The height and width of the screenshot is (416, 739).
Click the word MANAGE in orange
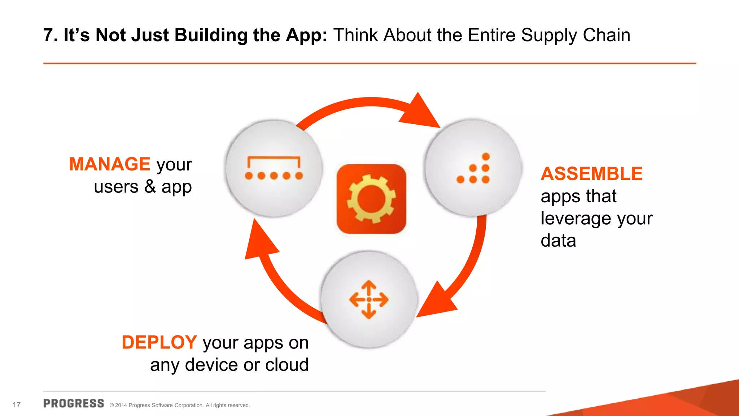point(110,164)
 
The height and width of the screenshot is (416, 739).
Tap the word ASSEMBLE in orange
point(591,174)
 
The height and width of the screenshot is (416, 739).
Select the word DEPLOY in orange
point(159,342)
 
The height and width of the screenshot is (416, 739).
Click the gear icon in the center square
point(371,199)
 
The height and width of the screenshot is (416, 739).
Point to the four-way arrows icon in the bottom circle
point(369,300)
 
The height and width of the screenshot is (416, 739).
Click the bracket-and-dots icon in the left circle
point(274,168)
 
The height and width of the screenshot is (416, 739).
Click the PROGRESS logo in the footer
point(74,404)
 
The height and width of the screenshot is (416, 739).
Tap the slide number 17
point(17,405)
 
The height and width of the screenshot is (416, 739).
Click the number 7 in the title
point(48,35)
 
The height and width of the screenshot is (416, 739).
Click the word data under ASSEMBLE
point(558,240)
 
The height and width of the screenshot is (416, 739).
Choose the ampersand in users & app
point(150,187)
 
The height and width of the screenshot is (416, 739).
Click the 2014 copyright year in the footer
point(121,406)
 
